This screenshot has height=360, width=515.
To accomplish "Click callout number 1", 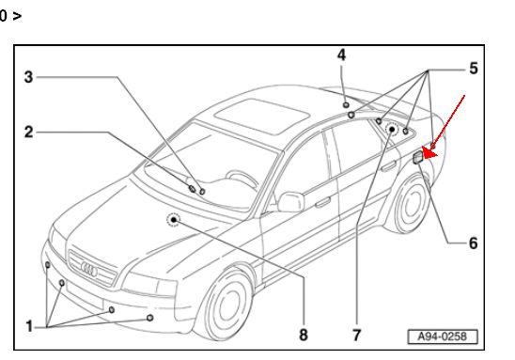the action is tap(29, 326).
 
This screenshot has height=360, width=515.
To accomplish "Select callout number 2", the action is tap(29, 132).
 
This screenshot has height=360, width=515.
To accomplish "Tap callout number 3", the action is tap(29, 77).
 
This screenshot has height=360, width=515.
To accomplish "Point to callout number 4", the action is tap(341, 55).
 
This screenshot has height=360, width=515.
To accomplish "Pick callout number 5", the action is tap(474, 69).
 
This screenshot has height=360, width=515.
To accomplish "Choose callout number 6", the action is tap(473, 243).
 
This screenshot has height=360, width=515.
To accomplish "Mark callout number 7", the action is tap(357, 336).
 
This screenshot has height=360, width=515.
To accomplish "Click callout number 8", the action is tap(304, 335).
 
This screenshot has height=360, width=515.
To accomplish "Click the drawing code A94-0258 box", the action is tap(443, 337).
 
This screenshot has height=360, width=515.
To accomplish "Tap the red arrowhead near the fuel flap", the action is tap(429, 153).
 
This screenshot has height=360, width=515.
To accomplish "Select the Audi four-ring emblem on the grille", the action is tap(89, 270).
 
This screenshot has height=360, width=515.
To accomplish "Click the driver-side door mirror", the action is tap(291, 202).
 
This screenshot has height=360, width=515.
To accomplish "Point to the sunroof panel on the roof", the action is tap(262, 117).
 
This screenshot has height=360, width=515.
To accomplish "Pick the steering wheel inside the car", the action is tap(243, 178).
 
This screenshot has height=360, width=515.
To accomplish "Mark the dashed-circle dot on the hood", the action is tap(174, 220).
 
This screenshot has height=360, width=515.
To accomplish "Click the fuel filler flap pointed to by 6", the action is tap(418, 157).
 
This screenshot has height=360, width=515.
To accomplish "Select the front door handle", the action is tap(323, 202).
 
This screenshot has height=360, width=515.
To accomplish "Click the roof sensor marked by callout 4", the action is tap(346, 104).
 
